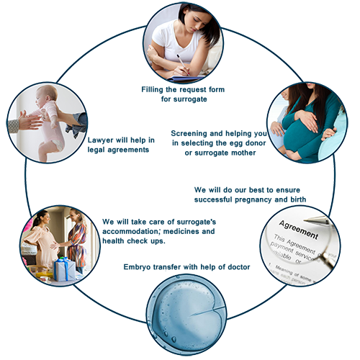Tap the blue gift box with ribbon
coord(65,269)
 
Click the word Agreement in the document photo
coord(299,230)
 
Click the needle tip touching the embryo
coord(191,316)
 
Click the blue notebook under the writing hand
coord(185,78)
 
